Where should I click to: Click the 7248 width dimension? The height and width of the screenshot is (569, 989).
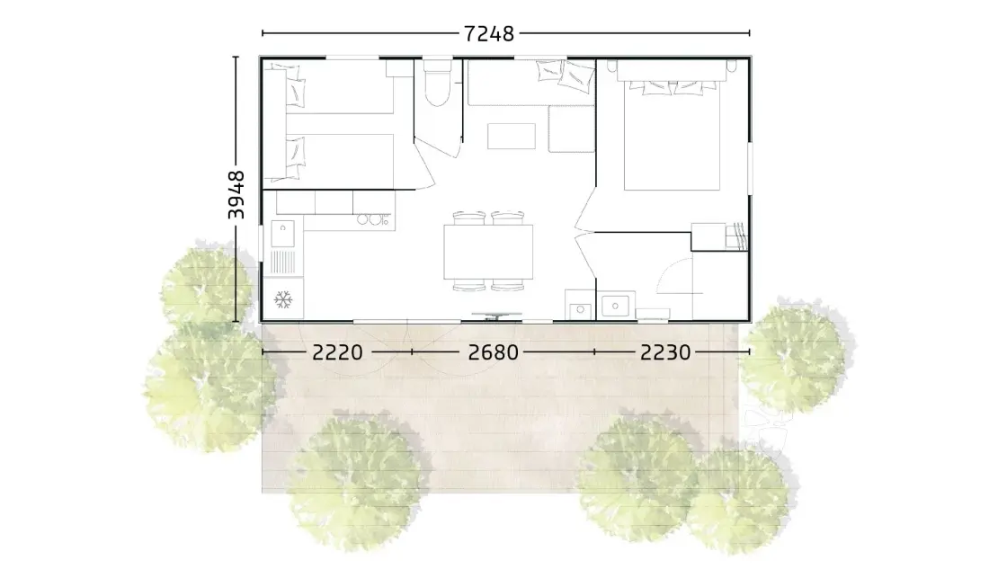tap(489, 32)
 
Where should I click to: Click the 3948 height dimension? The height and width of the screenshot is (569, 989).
tap(236, 195)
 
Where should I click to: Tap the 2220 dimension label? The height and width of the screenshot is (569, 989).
tap(337, 352)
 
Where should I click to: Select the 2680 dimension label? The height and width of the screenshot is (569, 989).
tap(494, 352)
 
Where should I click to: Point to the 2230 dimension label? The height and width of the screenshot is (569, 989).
tap(665, 352)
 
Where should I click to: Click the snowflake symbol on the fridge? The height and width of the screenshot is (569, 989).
tap(283, 299)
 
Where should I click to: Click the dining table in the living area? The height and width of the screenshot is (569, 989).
tap(488, 252)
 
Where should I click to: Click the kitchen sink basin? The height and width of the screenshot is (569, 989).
tap(282, 234)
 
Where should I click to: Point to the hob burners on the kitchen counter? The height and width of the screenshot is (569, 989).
tap(373, 219)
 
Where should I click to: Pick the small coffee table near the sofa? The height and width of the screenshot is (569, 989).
tap(512, 137)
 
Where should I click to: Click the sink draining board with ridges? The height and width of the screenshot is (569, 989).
tap(282, 262)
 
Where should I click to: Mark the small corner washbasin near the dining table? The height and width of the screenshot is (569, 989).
tap(580, 310)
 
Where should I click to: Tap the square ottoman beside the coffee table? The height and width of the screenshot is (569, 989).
tap(572, 129)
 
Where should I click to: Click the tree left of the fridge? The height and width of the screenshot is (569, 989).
tap(206, 287)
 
